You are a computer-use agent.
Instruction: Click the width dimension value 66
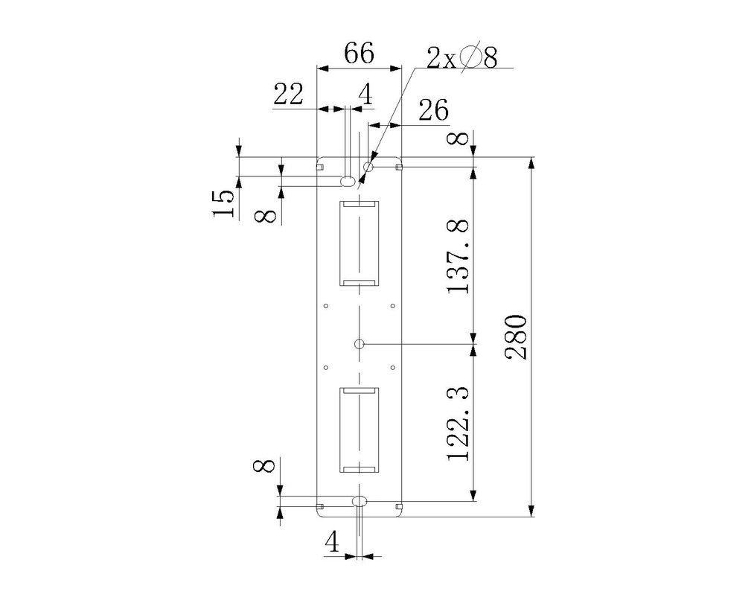coord(359,54)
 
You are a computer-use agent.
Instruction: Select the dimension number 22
coord(289,95)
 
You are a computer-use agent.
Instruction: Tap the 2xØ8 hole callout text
coord(461,57)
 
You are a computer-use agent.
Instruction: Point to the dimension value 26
coord(433,111)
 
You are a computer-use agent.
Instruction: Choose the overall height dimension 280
coord(517,337)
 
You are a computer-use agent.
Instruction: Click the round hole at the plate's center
coord(360,344)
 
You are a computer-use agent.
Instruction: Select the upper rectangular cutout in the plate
coord(360,243)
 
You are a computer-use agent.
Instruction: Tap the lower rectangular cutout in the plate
coord(360,430)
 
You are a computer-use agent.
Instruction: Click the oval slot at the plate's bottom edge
coord(360,500)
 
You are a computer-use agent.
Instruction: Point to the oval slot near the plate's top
coord(348,180)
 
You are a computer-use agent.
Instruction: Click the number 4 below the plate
coord(333,543)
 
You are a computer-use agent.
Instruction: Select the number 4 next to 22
coord(365,95)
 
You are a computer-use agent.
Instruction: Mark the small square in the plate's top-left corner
coord(320,167)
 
